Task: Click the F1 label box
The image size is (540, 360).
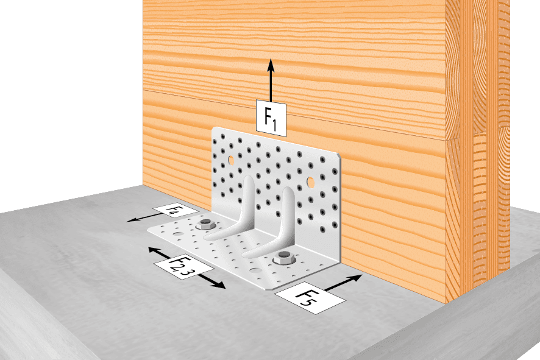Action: click(271, 118)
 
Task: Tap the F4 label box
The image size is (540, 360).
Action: click(176, 211)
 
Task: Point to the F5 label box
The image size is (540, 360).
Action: click(310, 297)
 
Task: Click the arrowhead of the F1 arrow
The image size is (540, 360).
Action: click(271, 65)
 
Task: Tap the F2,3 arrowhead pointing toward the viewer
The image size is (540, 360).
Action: click(219, 284)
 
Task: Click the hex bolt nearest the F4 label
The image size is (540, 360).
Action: click(206, 224)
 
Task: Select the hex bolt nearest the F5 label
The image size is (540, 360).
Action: click(284, 258)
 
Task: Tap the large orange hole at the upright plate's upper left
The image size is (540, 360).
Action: click(231, 160)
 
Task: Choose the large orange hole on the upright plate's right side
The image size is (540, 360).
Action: click(310, 182)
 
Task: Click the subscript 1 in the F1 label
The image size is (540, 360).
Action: click(274, 125)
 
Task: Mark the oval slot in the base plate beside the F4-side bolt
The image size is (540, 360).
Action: click(179, 234)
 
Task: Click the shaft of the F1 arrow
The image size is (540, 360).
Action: click(271, 86)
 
